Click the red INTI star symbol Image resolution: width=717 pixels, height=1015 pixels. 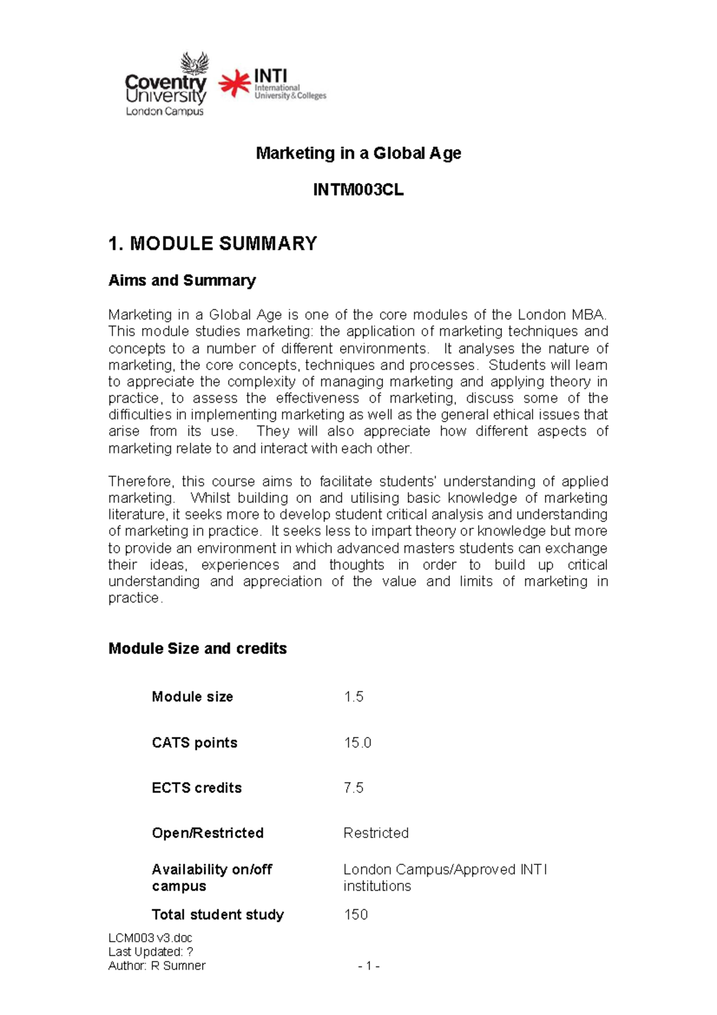click(x=234, y=84)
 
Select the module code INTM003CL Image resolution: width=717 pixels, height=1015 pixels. click(x=358, y=190)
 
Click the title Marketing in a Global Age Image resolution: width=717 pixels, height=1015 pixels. click(x=358, y=154)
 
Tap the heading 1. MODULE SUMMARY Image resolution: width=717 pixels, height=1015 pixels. click(x=213, y=244)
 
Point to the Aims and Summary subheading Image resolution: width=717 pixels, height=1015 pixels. click(x=182, y=280)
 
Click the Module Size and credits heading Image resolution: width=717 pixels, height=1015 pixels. click(x=197, y=649)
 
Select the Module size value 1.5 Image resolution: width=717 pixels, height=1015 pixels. click(x=354, y=697)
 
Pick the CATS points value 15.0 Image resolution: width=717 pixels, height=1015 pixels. click(x=357, y=743)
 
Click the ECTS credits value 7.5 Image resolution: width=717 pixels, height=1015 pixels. click(x=354, y=788)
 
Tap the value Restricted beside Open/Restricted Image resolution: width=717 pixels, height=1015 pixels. click(x=376, y=833)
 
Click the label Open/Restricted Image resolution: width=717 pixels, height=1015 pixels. click(x=207, y=833)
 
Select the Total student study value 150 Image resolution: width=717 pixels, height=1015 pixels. click(x=356, y=915)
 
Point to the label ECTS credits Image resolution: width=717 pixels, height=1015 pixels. click(x=197, y=788)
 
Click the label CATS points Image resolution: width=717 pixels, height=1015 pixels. click(x=194, y=743)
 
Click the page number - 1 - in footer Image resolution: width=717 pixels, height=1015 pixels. click(x=369, y=966)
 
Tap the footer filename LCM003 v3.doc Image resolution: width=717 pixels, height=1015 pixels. click(x=150, y=938)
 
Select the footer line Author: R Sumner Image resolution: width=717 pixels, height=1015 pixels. click(x=157, y=966)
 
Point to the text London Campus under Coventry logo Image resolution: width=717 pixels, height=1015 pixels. click(x=164, y=111)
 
